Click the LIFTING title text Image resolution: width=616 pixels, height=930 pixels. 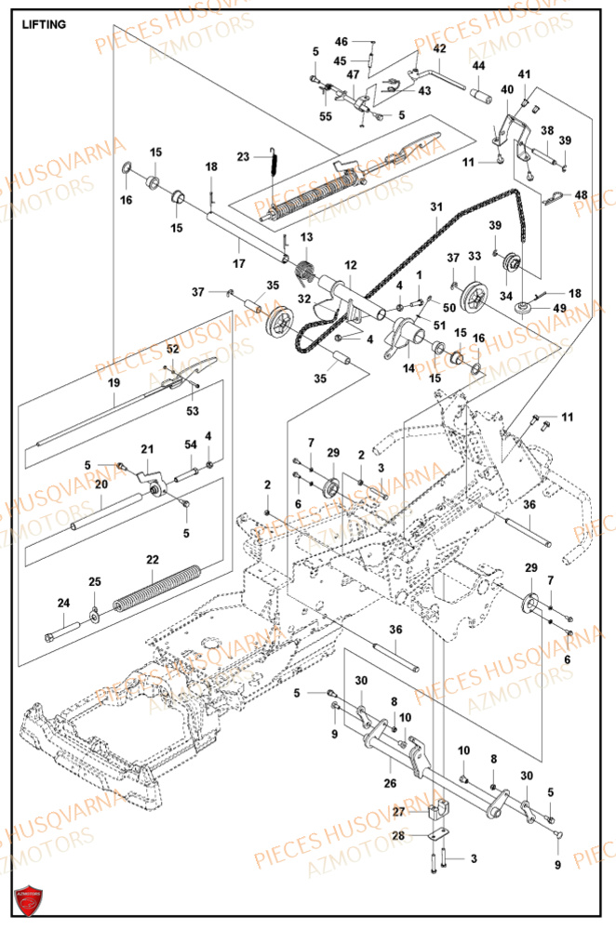tap(44, 25)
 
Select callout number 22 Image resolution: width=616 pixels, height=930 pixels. tap(153, 560)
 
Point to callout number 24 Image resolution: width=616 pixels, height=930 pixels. tap(63, 603)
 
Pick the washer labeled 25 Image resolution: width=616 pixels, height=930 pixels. tap(96, 615)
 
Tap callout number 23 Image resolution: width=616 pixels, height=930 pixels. tap(244, 156)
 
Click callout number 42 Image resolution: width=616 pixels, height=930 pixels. tap(439, 48)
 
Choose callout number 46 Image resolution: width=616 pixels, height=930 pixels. tap(341, 42)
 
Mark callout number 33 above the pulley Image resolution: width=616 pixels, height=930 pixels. tap(475, 255)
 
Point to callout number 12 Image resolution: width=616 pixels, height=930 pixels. tap(351, 265)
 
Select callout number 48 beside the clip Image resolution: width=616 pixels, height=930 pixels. tap(581, 195)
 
